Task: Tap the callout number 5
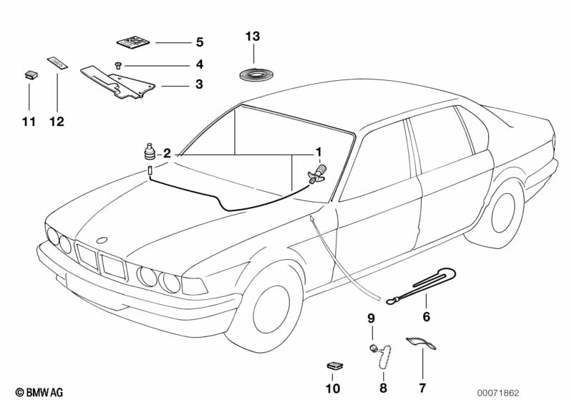[x=199, y=42]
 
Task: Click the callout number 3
[x=199, y=84]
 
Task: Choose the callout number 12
[x=57, y=122]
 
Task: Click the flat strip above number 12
[x=57, y=63]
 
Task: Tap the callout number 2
[x=166, y=152]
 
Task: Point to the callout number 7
[x=422, y=388]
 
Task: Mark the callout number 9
[x=371, y=317]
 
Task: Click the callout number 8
[x=383, y=388]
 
